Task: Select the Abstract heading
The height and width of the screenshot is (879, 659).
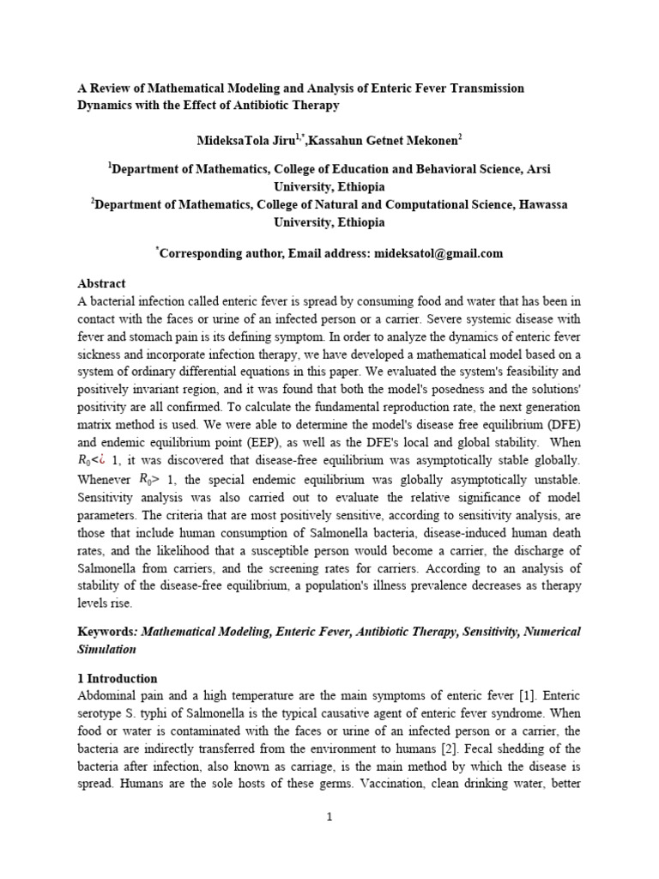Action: pyautogui.click(x=102, y=283)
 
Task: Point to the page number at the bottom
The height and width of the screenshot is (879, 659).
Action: pyautogui.click(x=329, y=816)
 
